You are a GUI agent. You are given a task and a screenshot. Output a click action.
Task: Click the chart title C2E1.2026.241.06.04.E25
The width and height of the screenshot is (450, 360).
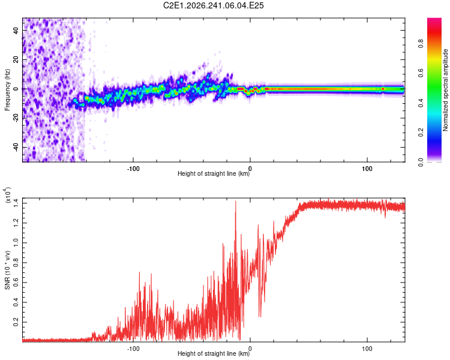click(213, 5)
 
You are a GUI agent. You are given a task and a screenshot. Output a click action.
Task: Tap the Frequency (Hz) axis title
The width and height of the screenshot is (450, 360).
click(7, 89)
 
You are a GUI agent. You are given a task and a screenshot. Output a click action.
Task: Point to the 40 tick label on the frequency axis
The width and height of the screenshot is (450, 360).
click(16, 31)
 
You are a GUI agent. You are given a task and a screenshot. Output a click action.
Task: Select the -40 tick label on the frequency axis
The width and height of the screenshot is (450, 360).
click(16, 148)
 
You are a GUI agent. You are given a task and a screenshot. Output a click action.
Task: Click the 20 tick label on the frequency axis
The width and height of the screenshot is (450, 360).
click(16, 60)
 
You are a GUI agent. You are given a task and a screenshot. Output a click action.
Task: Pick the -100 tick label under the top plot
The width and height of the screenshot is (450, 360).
click(133, 169)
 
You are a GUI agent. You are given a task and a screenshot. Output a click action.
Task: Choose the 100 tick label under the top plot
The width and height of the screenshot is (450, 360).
click(367, 169)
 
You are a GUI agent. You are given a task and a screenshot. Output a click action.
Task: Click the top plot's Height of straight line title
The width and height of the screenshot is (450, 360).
click(214, 173)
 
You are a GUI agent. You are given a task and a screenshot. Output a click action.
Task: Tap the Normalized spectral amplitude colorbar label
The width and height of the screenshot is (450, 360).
click(445, 90)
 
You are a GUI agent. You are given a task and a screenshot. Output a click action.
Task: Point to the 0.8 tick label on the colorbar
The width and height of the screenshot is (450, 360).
click(421, 44)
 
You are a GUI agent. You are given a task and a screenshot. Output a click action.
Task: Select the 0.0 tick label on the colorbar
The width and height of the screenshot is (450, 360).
click(421, 162)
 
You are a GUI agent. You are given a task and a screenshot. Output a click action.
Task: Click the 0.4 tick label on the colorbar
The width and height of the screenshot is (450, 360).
click(421, 103)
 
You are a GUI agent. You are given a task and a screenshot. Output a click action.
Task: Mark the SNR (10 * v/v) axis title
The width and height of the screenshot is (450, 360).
click(7, 270)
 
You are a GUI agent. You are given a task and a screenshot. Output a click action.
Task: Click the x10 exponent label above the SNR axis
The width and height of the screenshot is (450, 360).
click(8, 195)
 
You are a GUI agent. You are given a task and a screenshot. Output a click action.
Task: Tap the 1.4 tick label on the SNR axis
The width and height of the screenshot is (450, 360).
click(16, 203)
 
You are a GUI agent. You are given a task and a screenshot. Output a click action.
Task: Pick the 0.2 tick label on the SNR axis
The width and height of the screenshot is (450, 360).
click(16, 322)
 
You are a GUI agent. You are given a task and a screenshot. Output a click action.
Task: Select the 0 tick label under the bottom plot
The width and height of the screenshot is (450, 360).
click(250, 349)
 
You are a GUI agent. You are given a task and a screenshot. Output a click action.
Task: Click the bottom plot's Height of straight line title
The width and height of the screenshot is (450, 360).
click(214, 353)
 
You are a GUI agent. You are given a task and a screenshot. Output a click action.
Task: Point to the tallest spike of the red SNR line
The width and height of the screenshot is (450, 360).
click(236, 201)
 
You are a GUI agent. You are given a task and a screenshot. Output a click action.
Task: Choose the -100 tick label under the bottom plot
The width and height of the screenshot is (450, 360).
click(133, 349)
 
